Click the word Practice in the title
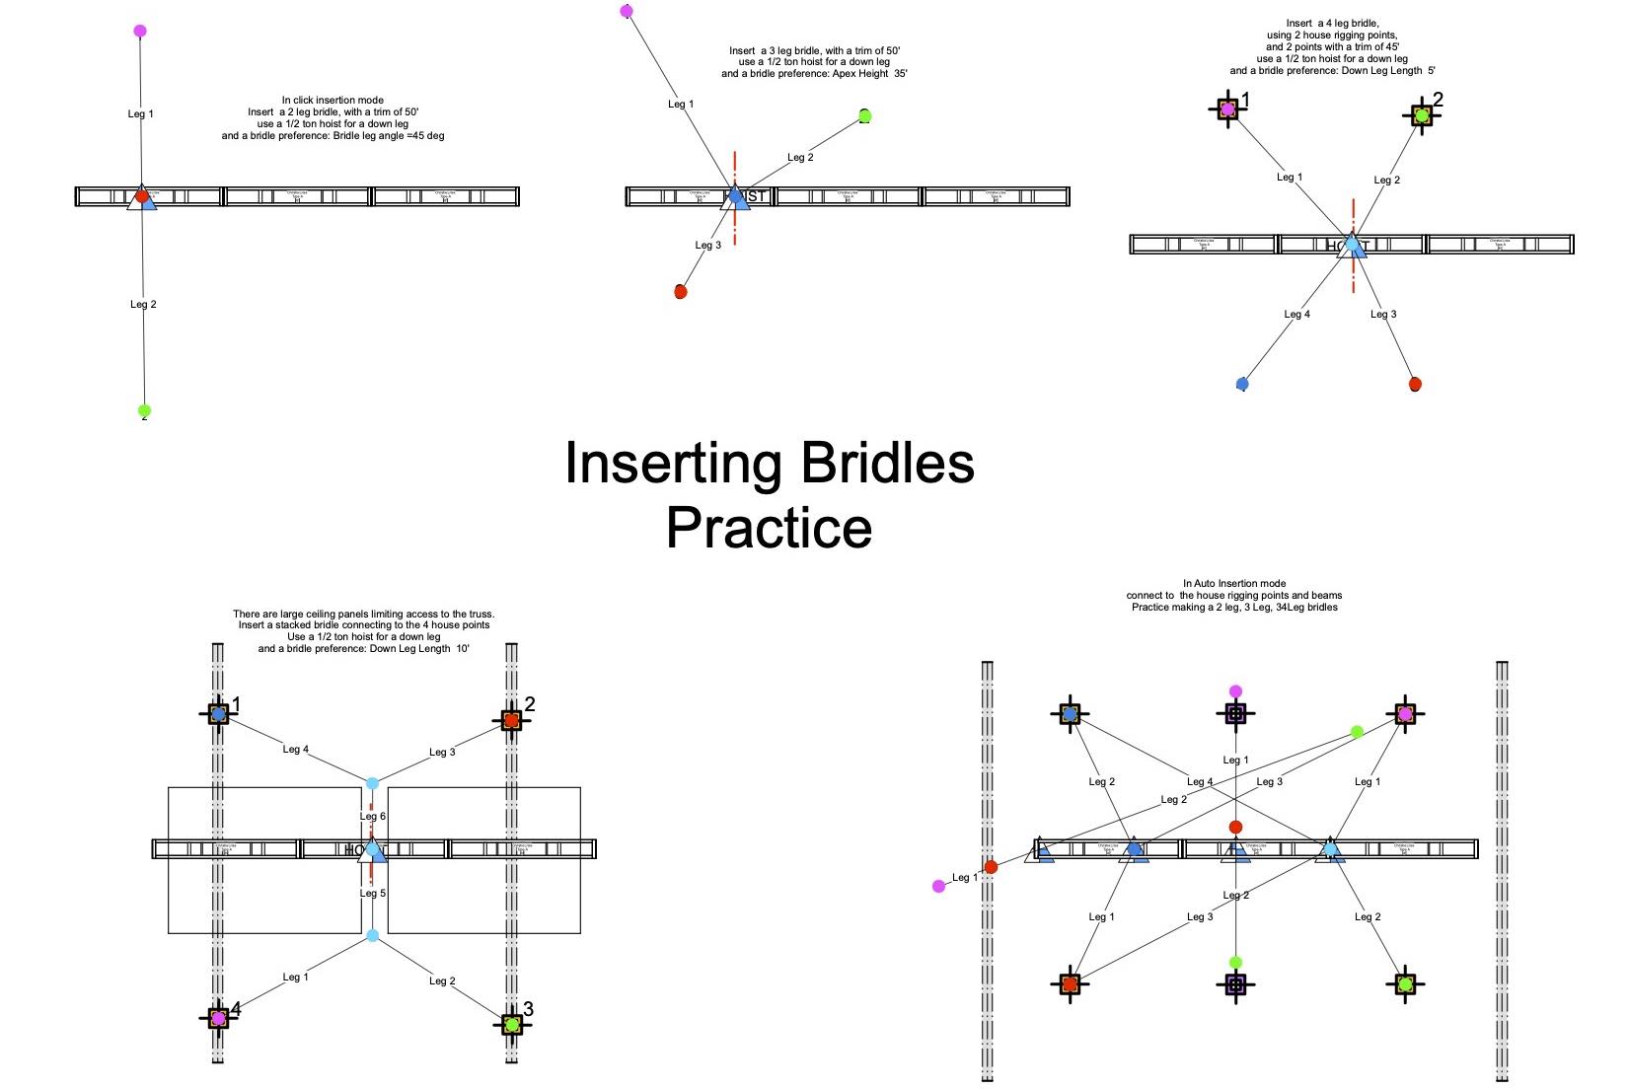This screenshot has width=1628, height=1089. [769, 528]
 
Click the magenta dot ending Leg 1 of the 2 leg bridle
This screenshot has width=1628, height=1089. [140, 32]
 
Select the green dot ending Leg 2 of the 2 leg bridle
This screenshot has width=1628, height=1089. [144, 410]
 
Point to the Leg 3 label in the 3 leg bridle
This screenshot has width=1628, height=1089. [707, 245]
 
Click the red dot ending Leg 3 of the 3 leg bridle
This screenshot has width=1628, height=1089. [680, 292]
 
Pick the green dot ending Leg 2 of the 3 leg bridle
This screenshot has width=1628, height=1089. [864, 116]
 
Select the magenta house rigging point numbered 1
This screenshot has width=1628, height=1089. [1227, 109]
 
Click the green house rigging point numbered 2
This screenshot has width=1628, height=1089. [1421, 115]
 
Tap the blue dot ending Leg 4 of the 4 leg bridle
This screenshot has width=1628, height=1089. [1242, 384]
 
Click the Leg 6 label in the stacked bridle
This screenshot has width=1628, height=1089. [373, 816]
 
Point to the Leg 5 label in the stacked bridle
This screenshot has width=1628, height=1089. [373, 893]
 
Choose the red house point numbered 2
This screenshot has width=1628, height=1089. [510, 720]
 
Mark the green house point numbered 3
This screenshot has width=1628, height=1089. [511, 1025]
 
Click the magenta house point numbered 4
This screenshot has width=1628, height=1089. [218, 1018]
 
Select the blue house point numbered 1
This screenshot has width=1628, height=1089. [218, 712]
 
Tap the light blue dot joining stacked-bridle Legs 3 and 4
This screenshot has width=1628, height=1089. [372, 783]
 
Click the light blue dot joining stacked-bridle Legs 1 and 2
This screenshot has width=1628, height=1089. [372, 935]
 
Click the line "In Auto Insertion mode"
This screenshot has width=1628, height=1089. [1233, 584]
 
